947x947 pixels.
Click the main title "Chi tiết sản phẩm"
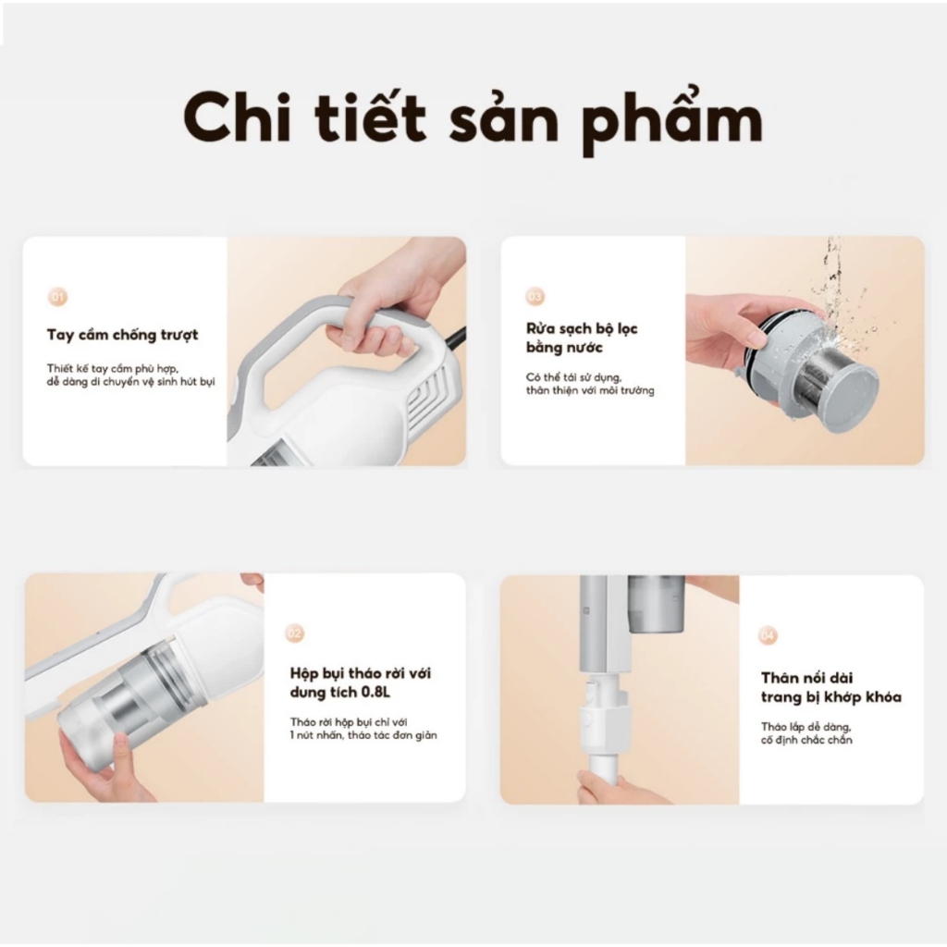473,118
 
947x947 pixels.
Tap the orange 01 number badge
57,297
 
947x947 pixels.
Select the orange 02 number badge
294,633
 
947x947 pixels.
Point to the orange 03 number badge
535,297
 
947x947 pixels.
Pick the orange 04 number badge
767,635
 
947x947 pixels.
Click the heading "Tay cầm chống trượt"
123,335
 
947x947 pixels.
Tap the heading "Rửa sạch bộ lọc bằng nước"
582,338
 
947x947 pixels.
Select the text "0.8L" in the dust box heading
375,692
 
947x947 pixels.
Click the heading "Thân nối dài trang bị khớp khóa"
831,687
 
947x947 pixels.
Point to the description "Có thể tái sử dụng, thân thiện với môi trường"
590,384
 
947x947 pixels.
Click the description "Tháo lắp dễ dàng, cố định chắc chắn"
806,733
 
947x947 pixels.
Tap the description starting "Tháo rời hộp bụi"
363,729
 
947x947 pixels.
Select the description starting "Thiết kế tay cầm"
131,375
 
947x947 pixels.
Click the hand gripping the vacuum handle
387,308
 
